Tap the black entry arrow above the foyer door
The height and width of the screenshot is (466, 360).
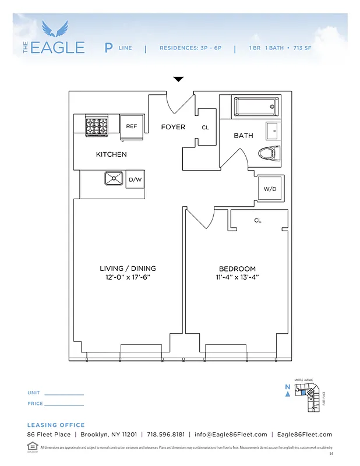point(178,79)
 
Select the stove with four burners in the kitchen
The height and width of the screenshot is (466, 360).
point(97,126)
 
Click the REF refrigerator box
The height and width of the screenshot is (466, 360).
point(132,126)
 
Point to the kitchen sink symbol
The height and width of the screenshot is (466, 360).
point(113,179)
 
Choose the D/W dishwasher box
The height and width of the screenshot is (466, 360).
point(135,180)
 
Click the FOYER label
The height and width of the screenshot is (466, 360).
point(173,127)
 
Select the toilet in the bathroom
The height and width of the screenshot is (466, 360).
point(269,153)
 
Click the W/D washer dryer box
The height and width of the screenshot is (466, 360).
point(270,189)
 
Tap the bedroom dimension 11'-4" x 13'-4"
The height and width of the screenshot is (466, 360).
point(238,278)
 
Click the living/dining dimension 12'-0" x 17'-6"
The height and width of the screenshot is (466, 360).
point(128,278)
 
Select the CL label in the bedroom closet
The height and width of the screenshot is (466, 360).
point(257,221)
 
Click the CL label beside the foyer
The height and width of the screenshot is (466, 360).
point(205,128)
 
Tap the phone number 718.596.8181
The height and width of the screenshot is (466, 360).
point(165,435)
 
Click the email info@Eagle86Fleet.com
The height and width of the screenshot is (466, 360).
point(231,435)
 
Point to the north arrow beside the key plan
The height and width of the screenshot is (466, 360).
point(288,394)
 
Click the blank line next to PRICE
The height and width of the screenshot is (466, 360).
point(64,405)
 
